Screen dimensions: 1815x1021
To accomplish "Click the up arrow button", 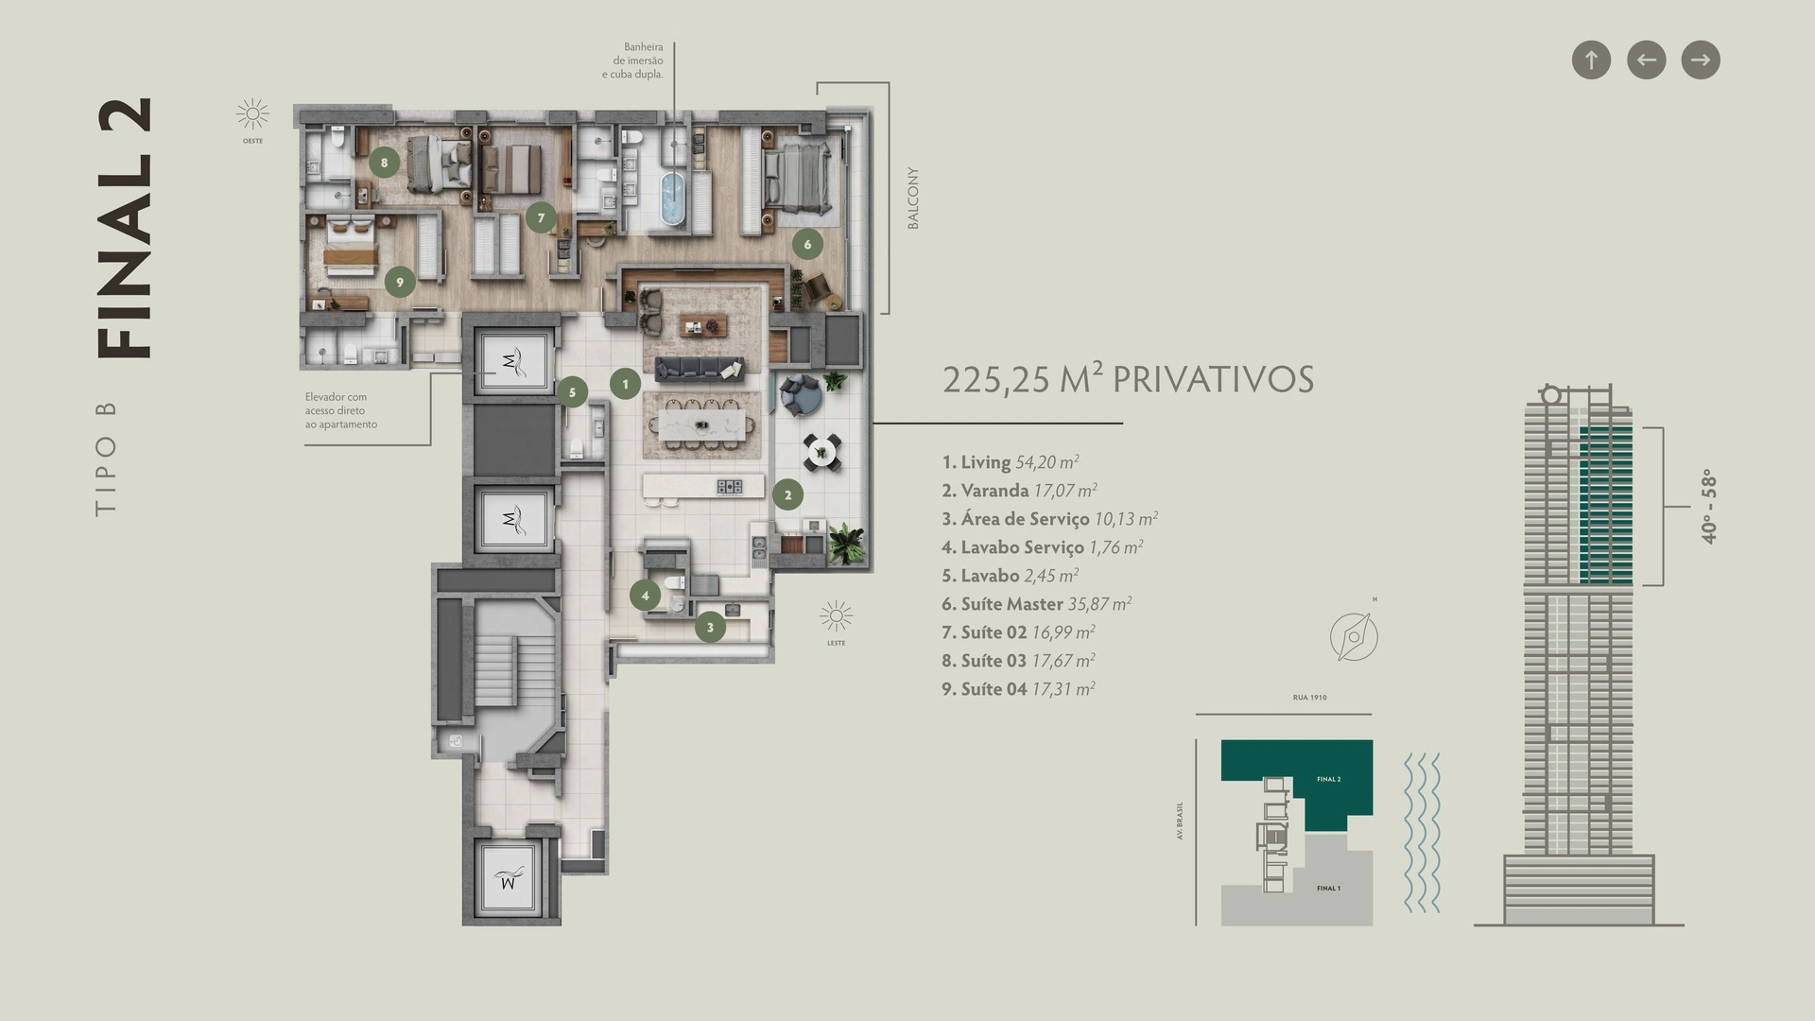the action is (x=1591, y=61).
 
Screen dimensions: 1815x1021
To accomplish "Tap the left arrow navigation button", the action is (x=1646, y=61).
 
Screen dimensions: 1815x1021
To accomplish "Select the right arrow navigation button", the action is (x=1701, y=61).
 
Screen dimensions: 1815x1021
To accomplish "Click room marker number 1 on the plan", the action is (x=625, y=384).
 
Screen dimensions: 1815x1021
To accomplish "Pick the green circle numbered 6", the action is (x=807, y=244).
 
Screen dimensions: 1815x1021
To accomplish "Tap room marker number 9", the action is (x=400, y=282).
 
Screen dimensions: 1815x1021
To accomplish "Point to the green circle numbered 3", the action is (x=710, y=627).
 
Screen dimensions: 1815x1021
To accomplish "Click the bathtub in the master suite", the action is (x=671, y=199).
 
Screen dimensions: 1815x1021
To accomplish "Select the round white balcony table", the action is (x=821, y=452).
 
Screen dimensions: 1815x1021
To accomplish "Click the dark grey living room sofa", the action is (x=700, y=369).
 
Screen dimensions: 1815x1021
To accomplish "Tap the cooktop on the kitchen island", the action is (x=729, y=487).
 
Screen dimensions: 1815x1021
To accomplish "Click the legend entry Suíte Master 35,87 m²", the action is (x=1036, y=604).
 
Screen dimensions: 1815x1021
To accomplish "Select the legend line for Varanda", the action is (x=1019, y=491).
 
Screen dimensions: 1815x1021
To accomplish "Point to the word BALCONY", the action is (x=913, y=199).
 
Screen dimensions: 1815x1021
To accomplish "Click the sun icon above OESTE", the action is (x=252, y=115).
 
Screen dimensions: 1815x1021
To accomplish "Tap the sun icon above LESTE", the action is (x=836, y=617).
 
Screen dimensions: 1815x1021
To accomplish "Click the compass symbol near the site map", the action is (x=1354, y=636).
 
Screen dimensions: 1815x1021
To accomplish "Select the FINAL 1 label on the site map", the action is (x=1328, y=889).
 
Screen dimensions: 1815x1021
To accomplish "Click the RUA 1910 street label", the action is (x=1309, y=698).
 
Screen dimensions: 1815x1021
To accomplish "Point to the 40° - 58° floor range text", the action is (x=1708, y=507).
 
